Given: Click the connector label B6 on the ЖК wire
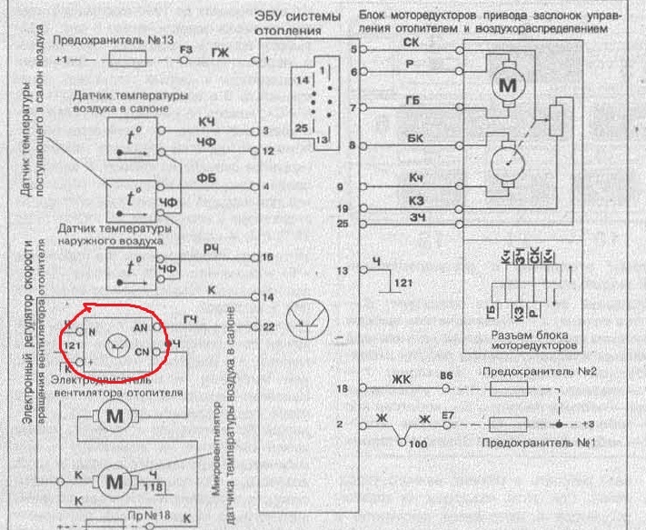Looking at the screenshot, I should tap(446, 375).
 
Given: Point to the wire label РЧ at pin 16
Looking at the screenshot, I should tap(211, 248).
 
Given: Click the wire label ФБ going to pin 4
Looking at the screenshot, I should tap(206, 176).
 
